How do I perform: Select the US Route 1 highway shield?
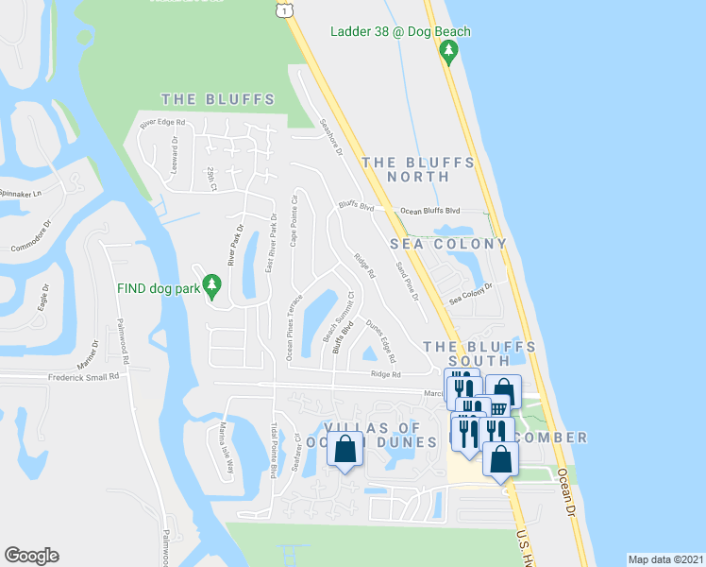[x=282, y=9]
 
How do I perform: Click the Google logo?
[x=31, y=556]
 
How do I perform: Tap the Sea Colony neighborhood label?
[x=449, y=244]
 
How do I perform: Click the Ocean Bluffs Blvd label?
[x=429, y=211]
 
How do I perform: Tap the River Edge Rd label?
[x=162, y=124]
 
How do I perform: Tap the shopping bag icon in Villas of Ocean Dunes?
[x=345, y=449]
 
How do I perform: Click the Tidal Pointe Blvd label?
[x=274, y=450]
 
